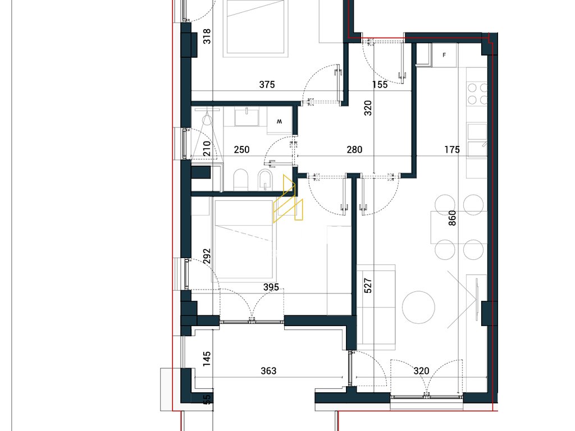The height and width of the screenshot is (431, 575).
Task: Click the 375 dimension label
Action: [x=267, y=85]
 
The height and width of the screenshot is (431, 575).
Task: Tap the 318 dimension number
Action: [x=207, y=36]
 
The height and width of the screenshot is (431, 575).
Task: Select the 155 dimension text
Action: [x=380, y=85]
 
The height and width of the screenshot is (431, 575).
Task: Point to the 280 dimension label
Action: [x=354, y=149]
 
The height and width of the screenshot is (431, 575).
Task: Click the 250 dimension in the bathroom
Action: [x=241, y=149]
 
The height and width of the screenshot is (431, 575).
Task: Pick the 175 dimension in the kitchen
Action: [x=452, y=149]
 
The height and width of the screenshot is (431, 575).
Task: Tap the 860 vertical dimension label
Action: [x=453, y=218]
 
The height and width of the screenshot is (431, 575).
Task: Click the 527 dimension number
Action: [x=368, y=286]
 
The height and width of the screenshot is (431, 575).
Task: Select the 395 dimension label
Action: [x=271, y=287]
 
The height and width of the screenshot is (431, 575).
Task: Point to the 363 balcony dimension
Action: [x=268, y=371]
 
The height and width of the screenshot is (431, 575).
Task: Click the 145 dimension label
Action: [x=207, y=359]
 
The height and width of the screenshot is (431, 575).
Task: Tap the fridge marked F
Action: [x=444, y=56]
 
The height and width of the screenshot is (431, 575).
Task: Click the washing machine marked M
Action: [x=280, y=121]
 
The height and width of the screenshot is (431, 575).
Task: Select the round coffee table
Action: [x=418, y=307]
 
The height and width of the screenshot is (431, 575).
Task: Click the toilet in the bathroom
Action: [x=240, y=180]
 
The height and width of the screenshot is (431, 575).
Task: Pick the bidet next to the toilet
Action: [x=265, y=180]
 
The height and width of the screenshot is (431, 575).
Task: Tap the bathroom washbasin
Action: [x=247, y=117]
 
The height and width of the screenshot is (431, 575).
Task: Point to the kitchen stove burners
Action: [x=478, y=94]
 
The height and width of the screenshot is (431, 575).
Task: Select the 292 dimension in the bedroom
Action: [x=207, y=256]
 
